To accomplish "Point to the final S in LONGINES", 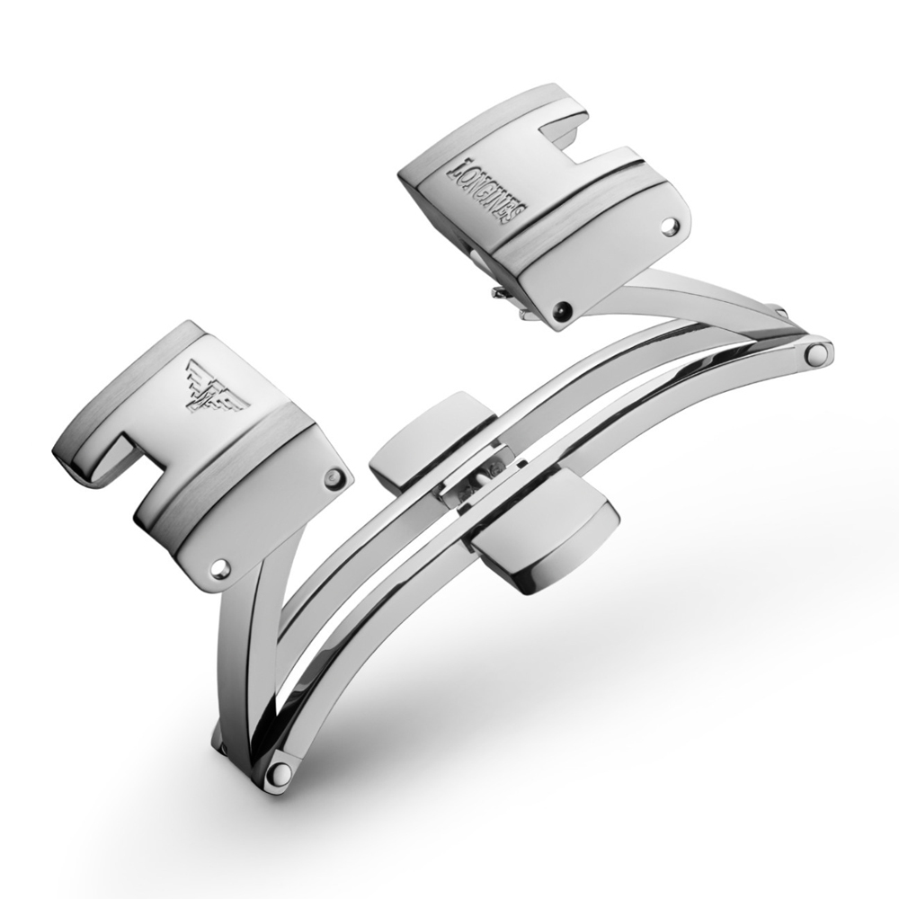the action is pyautogui.click(x=518, y=216).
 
